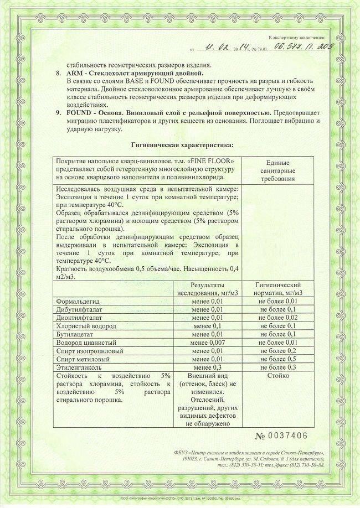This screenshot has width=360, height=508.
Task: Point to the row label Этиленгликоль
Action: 79,367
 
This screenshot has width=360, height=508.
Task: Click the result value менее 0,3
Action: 208,367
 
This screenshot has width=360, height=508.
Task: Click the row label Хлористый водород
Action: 83,326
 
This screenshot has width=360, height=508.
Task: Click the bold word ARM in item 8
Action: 74,73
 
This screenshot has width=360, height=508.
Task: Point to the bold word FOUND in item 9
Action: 78,113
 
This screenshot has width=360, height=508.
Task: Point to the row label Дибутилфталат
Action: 80,309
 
